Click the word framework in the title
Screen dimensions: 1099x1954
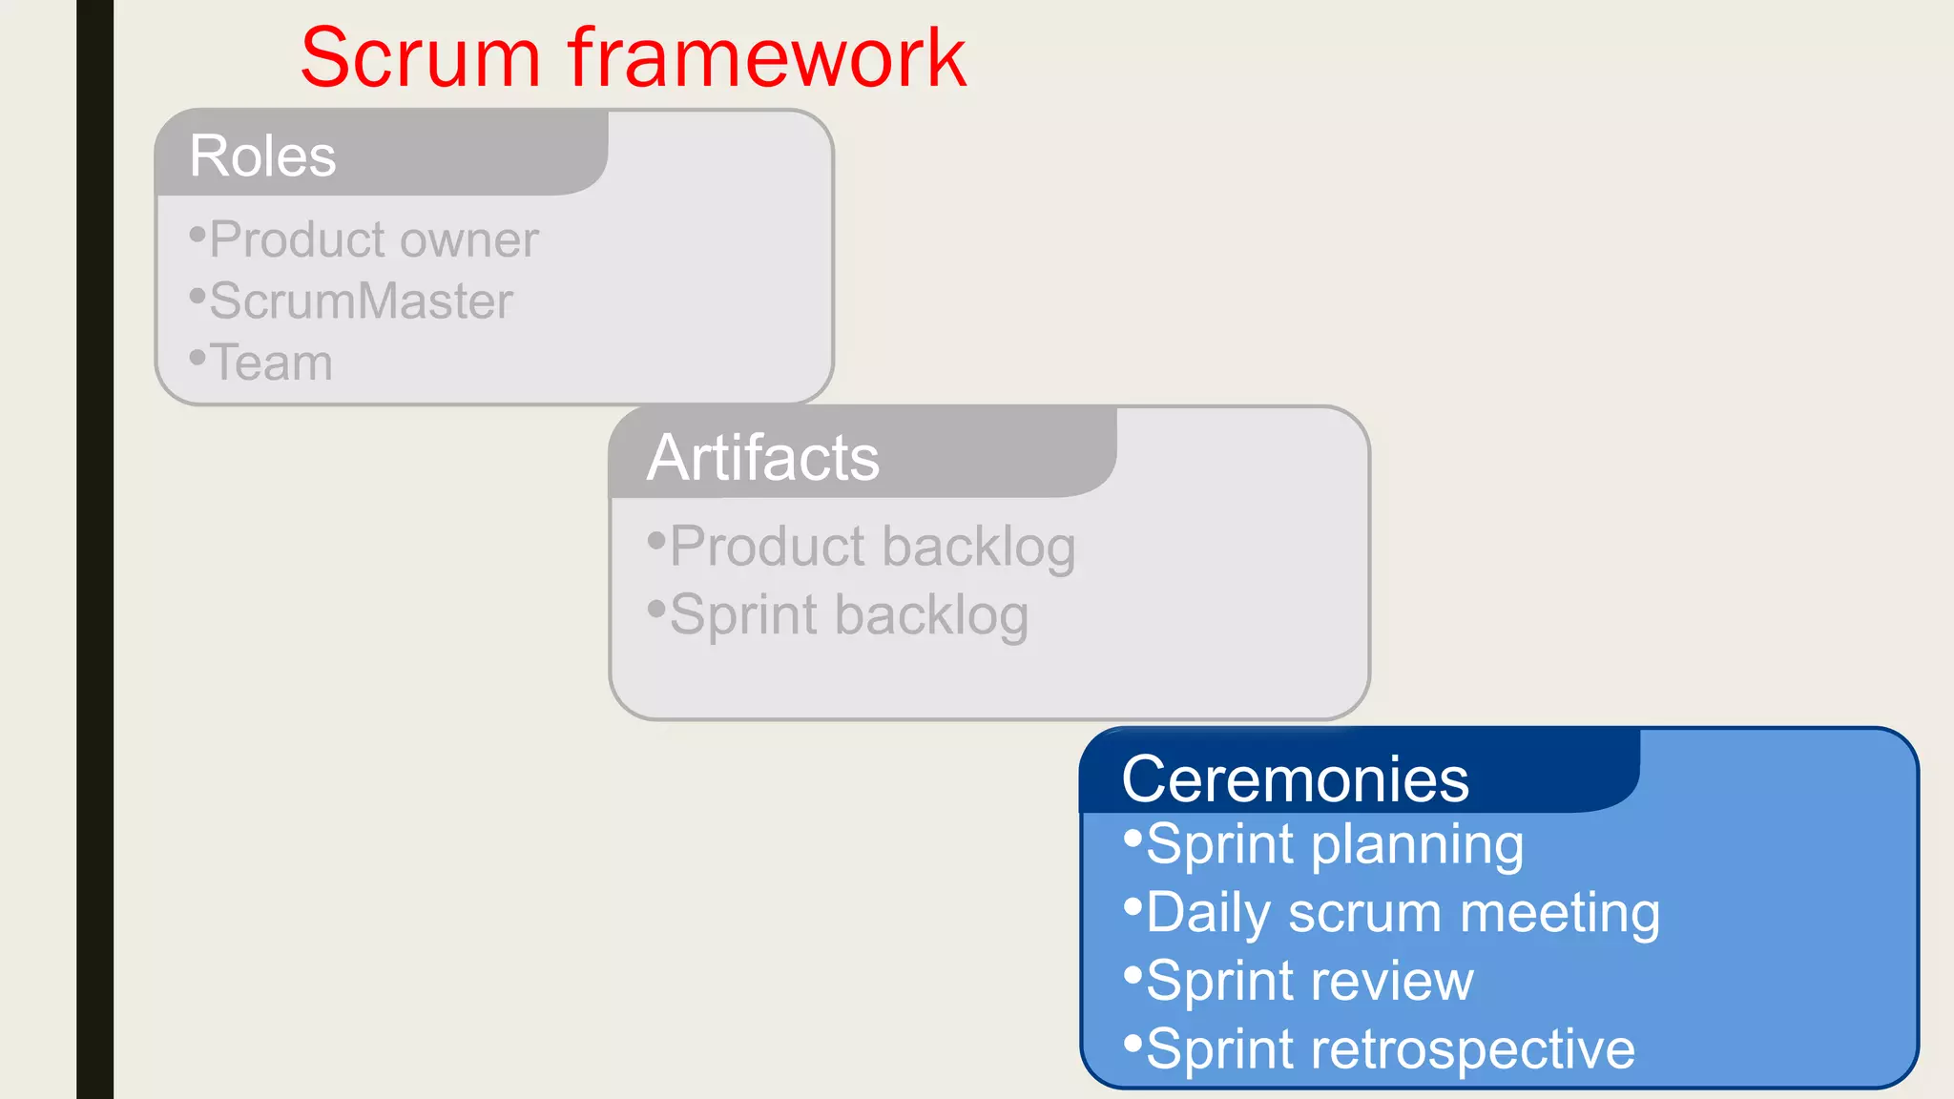(767, 58)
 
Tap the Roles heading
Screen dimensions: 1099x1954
(262, 156)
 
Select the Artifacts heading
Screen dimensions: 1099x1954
(762, 457)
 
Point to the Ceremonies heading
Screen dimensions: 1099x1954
(1295, 778)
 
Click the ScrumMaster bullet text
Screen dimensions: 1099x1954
(361, 301)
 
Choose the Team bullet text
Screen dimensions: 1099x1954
(271, 363)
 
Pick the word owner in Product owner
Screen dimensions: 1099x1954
(469, 240)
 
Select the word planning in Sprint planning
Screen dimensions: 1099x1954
(1416, 846)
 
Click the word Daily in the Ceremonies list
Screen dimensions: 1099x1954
(1209, 914)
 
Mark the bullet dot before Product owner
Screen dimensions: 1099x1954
(197, 235)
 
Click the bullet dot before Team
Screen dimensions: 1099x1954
(197, 358)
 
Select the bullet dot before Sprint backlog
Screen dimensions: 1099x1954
(655, 609)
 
